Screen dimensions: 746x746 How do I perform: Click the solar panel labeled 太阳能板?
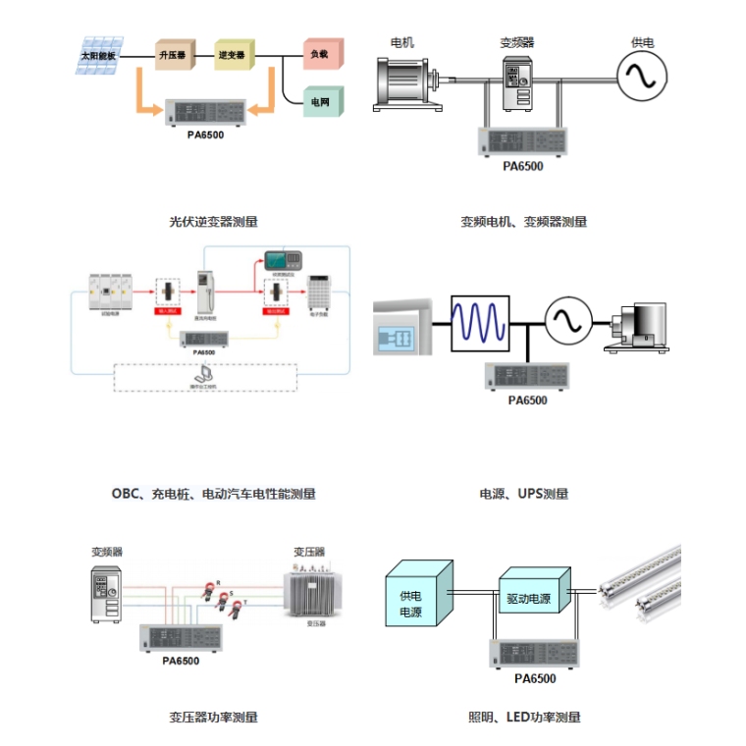tap(99, 55)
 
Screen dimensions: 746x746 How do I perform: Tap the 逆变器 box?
tap(234, 55)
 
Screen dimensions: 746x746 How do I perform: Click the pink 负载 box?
tap(321, 54)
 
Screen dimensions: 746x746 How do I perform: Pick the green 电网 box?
tap(321, 101)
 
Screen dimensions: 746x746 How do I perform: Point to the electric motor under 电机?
tap(404, 80)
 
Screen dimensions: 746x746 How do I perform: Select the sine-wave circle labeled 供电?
tap(641, 75)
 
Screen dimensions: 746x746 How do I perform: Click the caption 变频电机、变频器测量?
tap(523, 222)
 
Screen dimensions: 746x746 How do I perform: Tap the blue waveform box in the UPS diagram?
tap(481, 321)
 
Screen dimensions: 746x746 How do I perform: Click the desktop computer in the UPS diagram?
tap(638, 327)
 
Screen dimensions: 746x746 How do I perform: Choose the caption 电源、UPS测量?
tap(523, 494)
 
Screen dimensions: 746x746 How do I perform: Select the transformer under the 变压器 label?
tap(315, 595)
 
